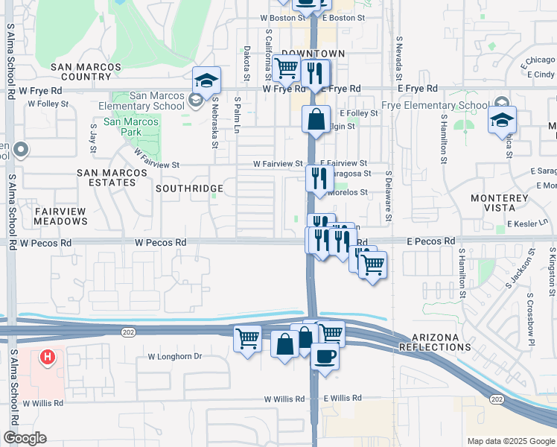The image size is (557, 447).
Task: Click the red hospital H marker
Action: click(x=48, y=358)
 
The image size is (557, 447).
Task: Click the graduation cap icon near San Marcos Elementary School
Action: click(x=206, y=80)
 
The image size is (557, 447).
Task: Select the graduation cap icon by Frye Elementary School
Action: click(x=502, y=119)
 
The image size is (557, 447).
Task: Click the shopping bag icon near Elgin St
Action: click(x=316, y=118)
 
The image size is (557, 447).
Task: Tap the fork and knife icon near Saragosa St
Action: click(x=316, y=177)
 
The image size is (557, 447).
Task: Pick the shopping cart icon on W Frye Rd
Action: click(x=286, y=69)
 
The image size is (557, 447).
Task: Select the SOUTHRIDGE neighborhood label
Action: click(x=189, y=189)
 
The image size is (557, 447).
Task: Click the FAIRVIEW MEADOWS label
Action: click(x=61, y=216)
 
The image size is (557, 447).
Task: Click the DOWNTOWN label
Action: click(x=318, y=54)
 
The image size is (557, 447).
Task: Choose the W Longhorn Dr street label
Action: click(x=175, y=357)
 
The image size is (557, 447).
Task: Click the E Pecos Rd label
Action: click(x=430, y=242)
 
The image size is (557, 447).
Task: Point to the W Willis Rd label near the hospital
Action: click(x=42, y=403)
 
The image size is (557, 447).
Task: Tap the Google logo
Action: click(x=25, y=438)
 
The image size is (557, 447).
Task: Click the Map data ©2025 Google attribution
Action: click(x=510, y=441)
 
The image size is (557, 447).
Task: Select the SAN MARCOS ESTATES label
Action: click(x=106, y=178)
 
